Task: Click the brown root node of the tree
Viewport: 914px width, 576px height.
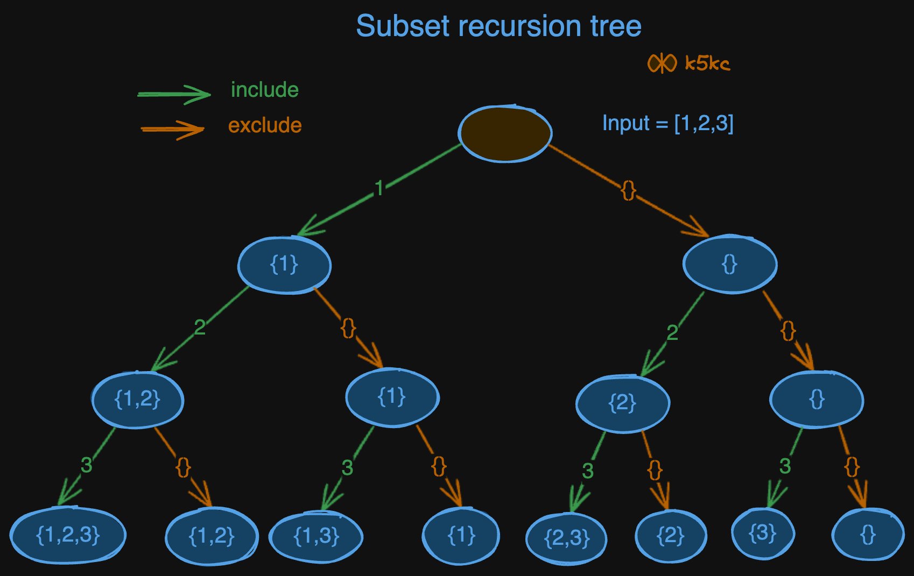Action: (505, 133)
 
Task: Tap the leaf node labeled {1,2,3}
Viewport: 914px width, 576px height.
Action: (68, 535)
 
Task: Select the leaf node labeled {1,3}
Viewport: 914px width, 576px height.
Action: (317, 536)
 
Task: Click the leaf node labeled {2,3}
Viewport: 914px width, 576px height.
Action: (567, 538)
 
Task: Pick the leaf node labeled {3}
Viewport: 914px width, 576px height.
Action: (763, 533)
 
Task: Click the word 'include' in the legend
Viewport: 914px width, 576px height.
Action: (264, 90)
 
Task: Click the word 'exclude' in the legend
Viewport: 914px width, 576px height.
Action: (265, 125)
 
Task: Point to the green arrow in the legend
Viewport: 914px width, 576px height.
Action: (174, 94)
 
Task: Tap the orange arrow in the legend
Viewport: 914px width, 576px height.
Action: (172, 129)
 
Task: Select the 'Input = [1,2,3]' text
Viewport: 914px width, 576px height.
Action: (667, 123)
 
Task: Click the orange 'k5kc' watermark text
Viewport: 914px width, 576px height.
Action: (707, 63)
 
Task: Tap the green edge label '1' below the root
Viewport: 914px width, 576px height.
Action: (379, 188)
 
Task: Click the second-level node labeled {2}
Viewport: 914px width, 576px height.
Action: (623, 403)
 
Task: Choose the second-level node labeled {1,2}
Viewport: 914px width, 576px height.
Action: (138, 400)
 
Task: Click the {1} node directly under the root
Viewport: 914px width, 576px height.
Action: (284, 265)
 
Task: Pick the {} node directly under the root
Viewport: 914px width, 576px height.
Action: (729, 264)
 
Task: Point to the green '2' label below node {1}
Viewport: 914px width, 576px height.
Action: (200, 327)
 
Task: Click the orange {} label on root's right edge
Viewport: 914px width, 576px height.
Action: (628, 190)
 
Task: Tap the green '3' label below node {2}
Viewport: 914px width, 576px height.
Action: (588, 471)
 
